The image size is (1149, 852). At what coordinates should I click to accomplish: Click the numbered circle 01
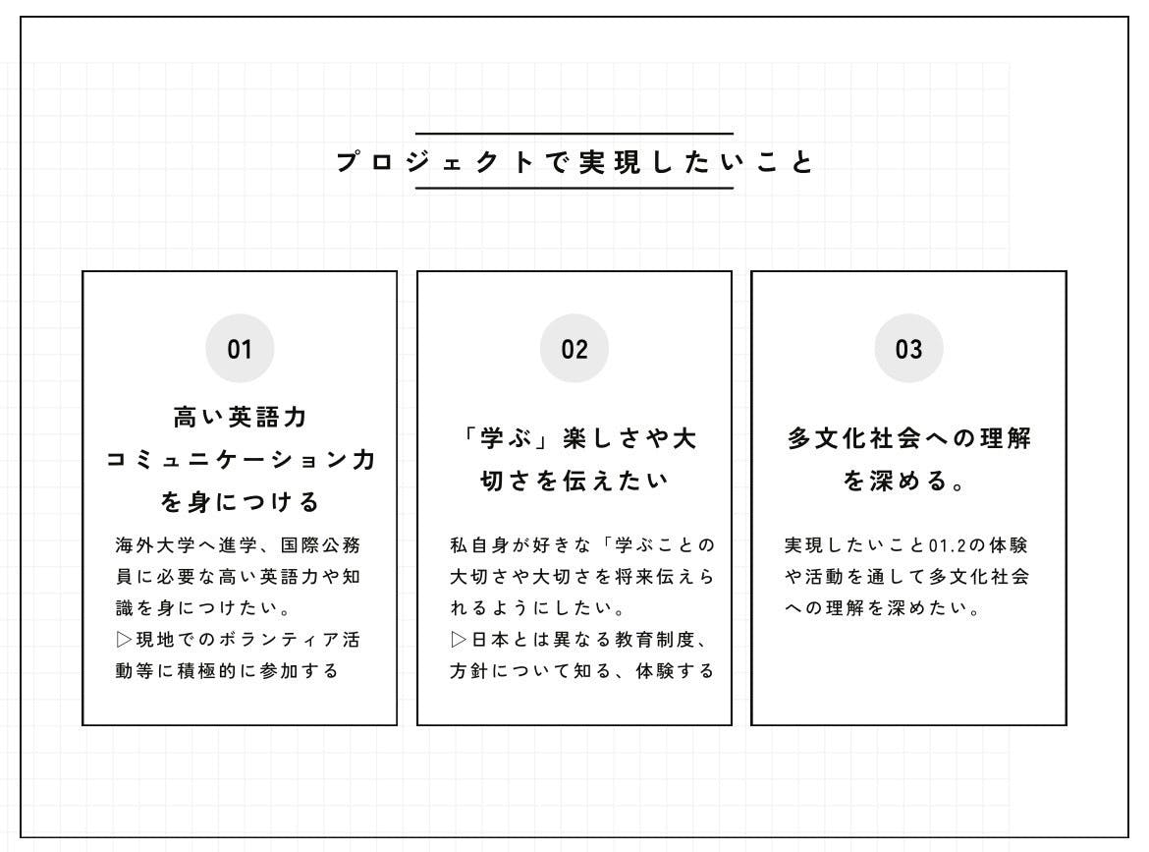click(x=240, y=348)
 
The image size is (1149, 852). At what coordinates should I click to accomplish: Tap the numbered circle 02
click(x=574, y=348)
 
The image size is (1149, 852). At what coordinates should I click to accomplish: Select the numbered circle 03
click(x=908, y=348)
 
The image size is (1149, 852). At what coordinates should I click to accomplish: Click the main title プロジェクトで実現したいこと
click(x=574, y=161)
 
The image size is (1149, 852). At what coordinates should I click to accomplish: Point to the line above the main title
click(x=574, y=134)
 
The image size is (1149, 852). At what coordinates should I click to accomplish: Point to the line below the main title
click(x=574, y=189)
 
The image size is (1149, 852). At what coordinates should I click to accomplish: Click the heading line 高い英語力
click(x=240, y=417)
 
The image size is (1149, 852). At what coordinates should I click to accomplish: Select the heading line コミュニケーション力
click(x=241, y=459)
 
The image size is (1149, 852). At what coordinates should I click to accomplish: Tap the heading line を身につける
click(x=240, y=501)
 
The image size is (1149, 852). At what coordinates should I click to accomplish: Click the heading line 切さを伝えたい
click(x=574, y=481)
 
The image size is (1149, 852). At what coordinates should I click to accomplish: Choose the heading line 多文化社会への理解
click(x=908, y=437)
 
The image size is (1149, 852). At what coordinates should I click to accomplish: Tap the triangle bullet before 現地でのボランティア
click(x=124, y=640)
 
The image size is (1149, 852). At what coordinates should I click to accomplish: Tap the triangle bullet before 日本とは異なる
click(x=458, y=640)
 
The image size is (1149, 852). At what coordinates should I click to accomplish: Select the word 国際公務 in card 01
click(x=321, y=544)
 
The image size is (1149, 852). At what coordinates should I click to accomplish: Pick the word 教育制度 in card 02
click(x=654, y=640)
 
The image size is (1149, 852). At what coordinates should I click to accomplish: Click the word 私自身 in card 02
click(x=479, y=544)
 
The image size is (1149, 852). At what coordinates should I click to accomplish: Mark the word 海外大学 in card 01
click(x=155, y=544)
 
